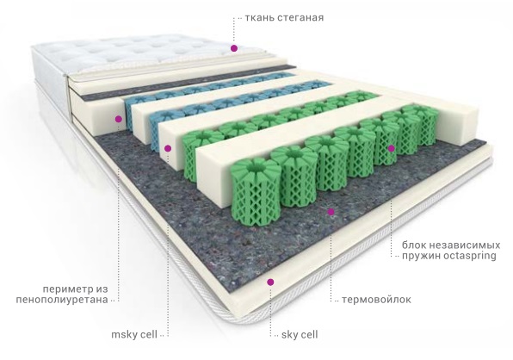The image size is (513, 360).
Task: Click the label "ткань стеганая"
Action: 284,17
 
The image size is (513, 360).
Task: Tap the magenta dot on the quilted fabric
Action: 234,48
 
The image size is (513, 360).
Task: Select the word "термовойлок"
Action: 376,300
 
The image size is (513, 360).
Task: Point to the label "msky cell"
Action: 134,335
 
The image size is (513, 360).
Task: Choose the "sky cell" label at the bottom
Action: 300,335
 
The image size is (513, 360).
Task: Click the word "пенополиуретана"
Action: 62,300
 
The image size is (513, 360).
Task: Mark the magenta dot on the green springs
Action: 392,149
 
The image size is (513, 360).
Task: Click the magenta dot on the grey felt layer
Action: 331,212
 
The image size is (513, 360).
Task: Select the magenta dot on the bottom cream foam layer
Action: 270,282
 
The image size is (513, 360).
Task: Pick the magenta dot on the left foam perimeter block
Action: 119,119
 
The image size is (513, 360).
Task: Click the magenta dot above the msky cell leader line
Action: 168,149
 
